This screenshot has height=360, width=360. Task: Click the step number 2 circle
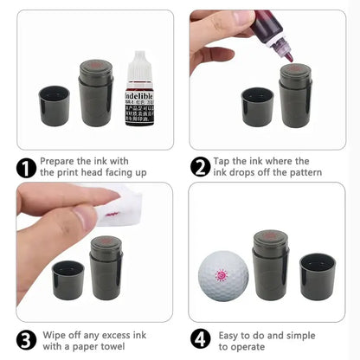tap(201, 167)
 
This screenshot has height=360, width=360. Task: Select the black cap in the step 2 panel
tap(257, 106)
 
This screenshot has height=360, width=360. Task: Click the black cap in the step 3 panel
tap(68, 280)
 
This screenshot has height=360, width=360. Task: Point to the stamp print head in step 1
tap(95, 67)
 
